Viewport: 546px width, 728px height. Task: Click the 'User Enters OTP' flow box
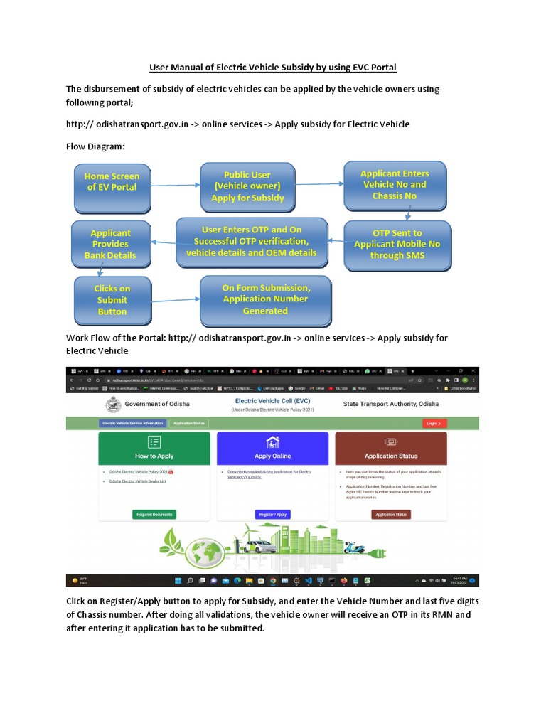[x=252, y=242]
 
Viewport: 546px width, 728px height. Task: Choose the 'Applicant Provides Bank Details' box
[x=110, y=244]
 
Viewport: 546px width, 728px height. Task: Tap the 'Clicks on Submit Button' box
[x=112, y=299]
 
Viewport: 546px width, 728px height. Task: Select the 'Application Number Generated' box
[x=265, y=299]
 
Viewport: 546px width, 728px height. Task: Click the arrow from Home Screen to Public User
[x=175, y=186]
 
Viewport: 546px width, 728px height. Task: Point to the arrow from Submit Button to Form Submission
[x=176, y=299]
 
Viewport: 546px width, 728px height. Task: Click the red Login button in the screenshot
[x=433, y=423]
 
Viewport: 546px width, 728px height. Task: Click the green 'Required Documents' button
[x=154, y=514]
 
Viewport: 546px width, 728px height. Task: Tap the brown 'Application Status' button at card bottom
[x=391, y=514]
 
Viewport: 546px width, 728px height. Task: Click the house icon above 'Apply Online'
[x=272, y=442]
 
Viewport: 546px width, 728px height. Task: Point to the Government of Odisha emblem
[x=112, y=405]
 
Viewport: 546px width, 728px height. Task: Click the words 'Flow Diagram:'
[x=95, y=146]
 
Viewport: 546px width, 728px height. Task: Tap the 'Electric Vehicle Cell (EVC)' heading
[x=273, y=402]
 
